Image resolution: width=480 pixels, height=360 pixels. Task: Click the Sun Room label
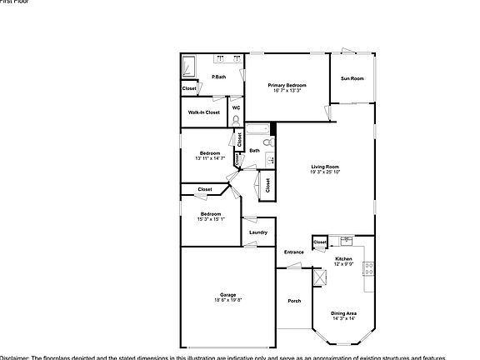[352, 79]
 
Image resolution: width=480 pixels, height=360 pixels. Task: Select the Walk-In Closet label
[204, 112]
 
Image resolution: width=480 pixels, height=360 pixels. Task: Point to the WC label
[237, 107]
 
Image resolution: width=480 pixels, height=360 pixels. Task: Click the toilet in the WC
[237, 120]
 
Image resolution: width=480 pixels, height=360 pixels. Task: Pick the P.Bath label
[219, 77]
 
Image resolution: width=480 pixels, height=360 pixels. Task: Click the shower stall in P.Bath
[190, 66]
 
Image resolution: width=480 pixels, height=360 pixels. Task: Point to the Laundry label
[257, 232]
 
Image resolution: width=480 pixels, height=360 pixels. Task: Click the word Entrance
[293, 252]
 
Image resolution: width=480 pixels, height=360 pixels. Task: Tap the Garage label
[227, 295]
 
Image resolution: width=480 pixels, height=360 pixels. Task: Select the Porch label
[294, 301]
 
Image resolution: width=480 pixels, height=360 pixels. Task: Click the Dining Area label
[344, 313]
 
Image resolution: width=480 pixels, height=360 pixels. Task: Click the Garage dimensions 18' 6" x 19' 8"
[227, 300]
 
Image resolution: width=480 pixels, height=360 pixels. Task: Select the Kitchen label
[344, 259]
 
